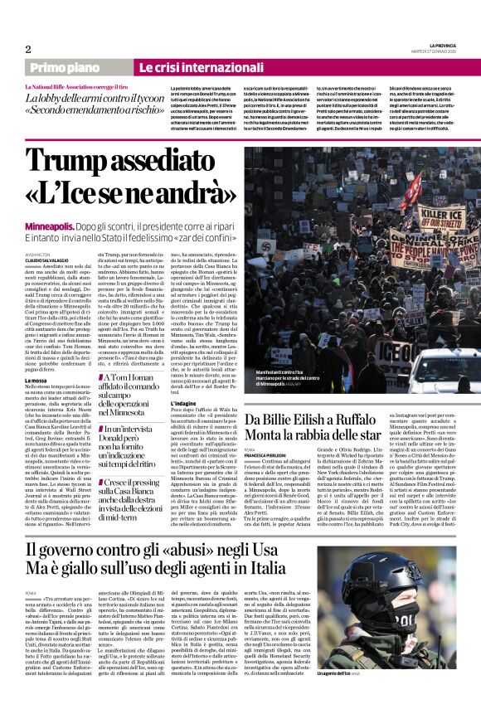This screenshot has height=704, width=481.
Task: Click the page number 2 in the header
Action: (27, 49)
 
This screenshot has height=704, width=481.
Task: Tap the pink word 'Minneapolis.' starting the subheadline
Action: (50, 226)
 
